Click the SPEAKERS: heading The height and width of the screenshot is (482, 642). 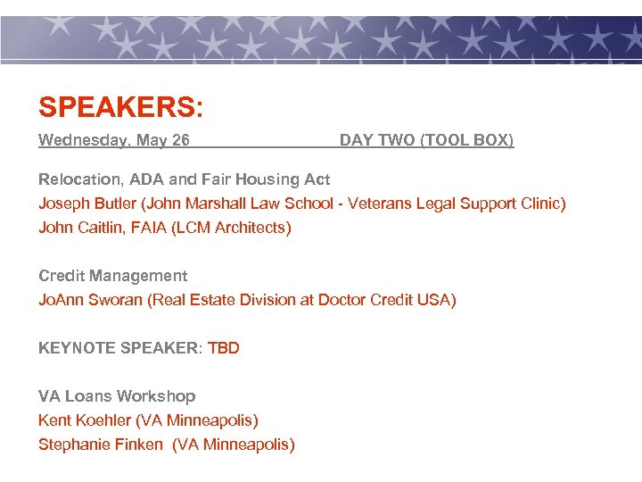click(x=120, y=108)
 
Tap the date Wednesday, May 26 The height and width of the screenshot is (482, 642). click(x=114, y=140)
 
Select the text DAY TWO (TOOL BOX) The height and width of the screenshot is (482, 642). click(x=426, y=140)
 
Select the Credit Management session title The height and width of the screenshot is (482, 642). click(x=112, y=276)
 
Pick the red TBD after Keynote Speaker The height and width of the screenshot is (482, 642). click(x=224, y=348)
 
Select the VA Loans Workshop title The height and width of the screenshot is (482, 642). click(x=117, y=396)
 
